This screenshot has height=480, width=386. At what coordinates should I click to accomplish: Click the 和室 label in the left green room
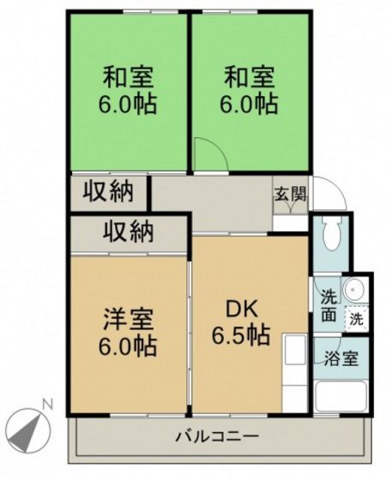[x=129, y=78]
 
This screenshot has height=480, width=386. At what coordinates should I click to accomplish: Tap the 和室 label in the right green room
[x=250, y=78]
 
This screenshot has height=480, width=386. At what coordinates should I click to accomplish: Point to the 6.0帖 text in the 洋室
[x=129, y=347]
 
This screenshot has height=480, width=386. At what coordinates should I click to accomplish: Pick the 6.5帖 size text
[x=241, y=336]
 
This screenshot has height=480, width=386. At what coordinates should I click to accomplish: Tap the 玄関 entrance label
[x=290, y=193]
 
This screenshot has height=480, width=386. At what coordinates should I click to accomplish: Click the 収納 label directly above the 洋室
[x=130, y=231]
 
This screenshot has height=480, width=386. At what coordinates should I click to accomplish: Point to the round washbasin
[x=354, y=291]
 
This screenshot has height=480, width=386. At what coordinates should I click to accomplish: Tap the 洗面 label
[x=329, y=303]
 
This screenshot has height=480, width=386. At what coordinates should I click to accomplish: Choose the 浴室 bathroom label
[x=341, y=359]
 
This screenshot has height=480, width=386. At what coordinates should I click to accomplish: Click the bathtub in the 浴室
[x=341, y=396]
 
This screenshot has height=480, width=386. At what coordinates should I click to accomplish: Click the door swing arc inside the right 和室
[x=208, y=154]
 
